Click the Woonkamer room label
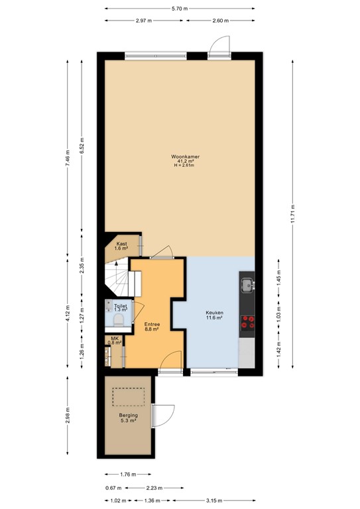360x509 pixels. (x=186, y=156)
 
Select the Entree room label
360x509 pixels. (x=152, y=323)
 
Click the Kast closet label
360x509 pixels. (x=121, y=244)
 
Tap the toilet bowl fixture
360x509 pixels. (x=119, y=320)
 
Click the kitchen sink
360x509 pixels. (x=247, y=286)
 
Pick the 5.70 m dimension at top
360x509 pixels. (x=180, y=9)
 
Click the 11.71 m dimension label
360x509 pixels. (x=293, y=216)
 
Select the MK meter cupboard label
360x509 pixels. (x=115, y=339)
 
